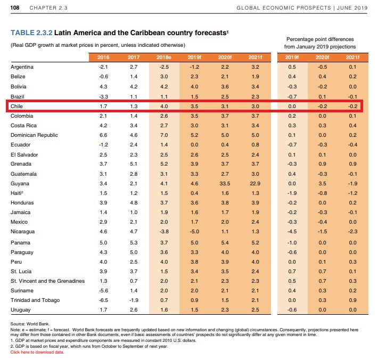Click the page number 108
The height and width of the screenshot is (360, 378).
pyautogui.click(x=14, y=7)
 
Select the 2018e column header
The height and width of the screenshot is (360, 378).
pyautogui.click(x=165, y=57)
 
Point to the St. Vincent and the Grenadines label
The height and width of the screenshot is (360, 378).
pyautogui.click(x=47, y=280)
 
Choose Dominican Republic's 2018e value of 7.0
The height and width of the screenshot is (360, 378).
pyautogui.click(x=165, y=135)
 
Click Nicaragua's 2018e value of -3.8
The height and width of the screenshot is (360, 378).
pyautogui.click(x=165, y=232)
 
